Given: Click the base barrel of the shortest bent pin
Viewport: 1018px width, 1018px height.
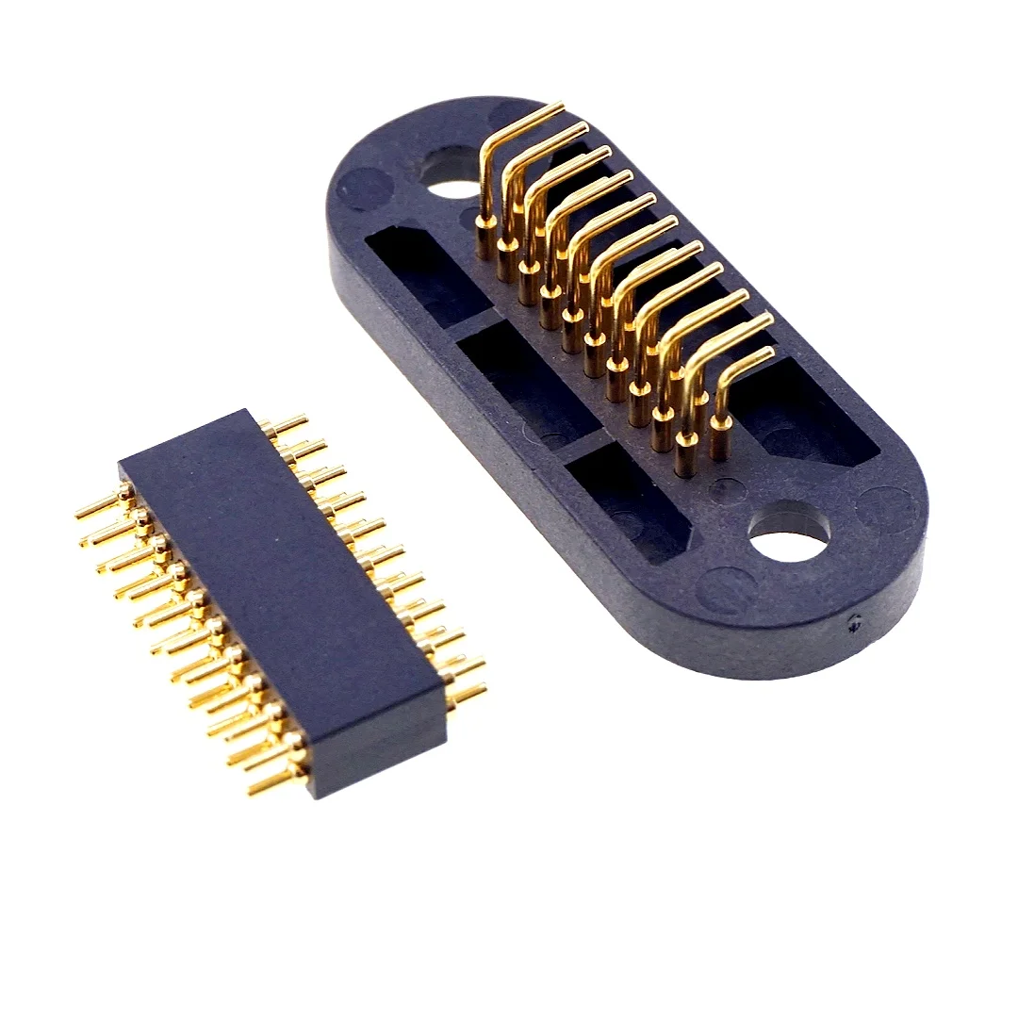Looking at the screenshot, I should (x=720, y=439).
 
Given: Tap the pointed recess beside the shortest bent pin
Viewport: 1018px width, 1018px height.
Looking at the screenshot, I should (x=801, y=415).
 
